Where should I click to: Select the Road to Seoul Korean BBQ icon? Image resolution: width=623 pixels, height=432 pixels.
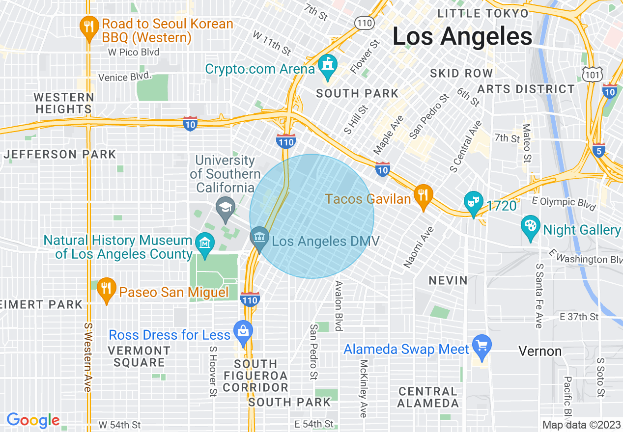89,28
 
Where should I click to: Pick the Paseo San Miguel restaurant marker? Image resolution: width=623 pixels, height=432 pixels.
106,289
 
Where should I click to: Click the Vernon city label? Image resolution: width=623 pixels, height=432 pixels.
540,351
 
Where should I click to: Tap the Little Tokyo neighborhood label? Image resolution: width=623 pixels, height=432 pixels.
483,13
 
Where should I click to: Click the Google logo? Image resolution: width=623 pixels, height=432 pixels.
33,421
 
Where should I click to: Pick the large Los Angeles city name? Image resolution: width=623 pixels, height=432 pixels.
462,37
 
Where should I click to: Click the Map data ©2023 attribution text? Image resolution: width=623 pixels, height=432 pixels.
581,425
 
